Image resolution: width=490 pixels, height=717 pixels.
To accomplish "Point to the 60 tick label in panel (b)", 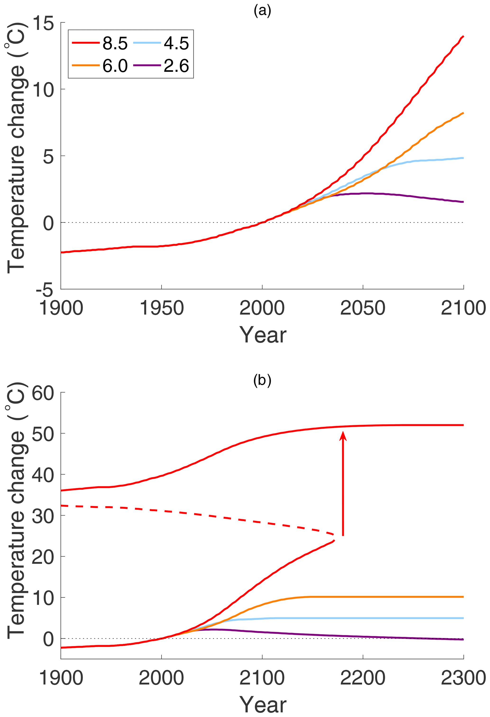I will pos(43,393).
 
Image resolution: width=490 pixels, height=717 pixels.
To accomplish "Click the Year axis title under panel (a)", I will pos(263,335).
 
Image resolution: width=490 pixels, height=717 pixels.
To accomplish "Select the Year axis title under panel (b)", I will pos(263,705).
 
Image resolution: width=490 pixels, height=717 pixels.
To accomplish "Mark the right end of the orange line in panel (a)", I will pos(463,113).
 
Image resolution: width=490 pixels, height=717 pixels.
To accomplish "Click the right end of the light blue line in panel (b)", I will pos(463,618).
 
